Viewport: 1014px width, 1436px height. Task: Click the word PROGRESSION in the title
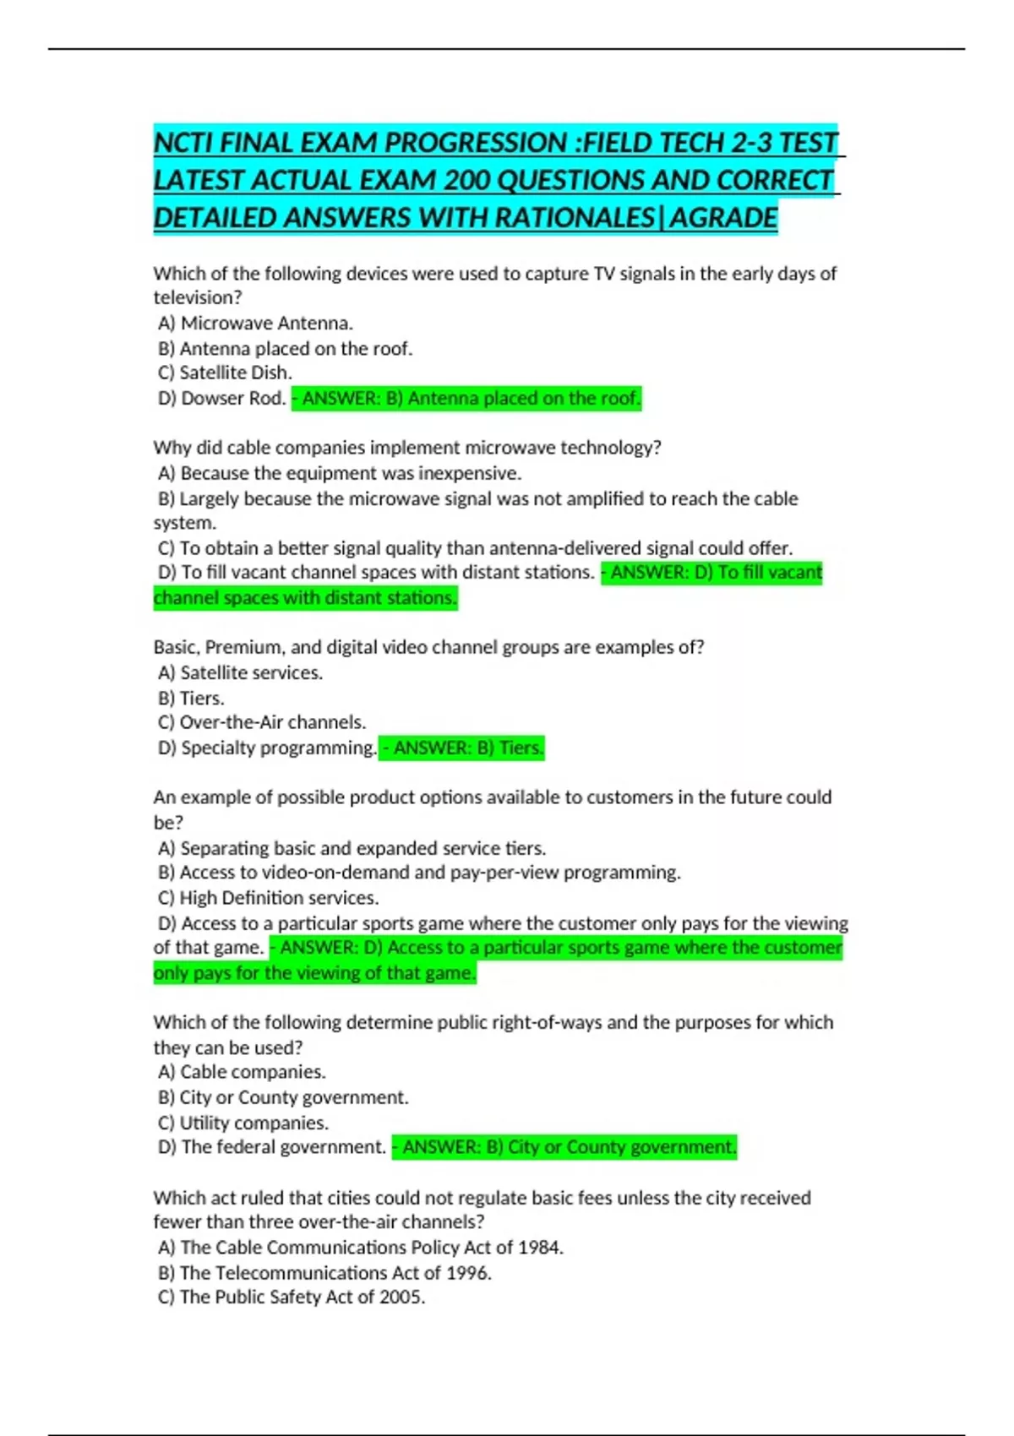click(476, 143)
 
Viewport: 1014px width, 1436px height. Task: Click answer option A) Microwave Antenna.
click(255, 324)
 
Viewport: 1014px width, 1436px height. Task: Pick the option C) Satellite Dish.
click(225, 373)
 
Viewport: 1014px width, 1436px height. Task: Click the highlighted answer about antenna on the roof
click(466, 398)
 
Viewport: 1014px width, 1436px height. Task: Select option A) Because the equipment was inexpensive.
click(340, 473)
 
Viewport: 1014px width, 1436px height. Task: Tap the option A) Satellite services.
click(241, 672)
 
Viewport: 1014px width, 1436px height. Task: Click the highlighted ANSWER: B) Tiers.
click(461, 748)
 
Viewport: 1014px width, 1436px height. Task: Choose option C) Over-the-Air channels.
click(262, 722)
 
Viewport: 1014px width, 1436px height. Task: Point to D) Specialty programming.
click(267, 748)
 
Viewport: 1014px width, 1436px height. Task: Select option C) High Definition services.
click(269, 898)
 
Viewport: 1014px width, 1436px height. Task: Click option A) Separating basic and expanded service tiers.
click(352, 848)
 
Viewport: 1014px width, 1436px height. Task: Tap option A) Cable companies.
click(242, 1072)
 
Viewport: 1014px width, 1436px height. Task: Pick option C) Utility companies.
click(243, 1123)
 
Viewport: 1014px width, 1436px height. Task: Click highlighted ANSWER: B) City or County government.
click(564, 1147)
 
